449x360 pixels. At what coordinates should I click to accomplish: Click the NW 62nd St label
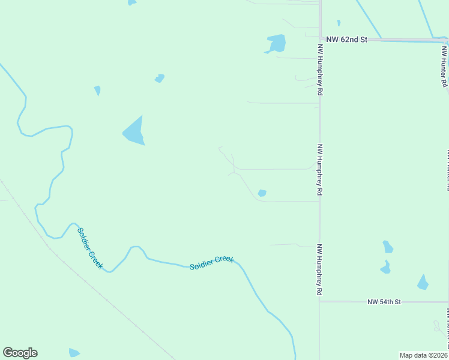[346, 40]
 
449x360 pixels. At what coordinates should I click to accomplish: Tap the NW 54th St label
[384, 301]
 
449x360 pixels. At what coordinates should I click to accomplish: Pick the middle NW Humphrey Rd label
[321, 170]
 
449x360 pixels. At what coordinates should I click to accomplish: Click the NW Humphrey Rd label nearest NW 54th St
[321, 270]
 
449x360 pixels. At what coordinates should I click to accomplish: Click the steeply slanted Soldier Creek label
[90, 248]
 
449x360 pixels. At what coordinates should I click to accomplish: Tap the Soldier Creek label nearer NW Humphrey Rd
[211, 262]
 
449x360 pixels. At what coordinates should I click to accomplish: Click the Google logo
[20, 353]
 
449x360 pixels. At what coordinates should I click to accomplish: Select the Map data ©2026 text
[423, 355]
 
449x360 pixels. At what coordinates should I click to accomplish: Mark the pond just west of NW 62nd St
[276, 43]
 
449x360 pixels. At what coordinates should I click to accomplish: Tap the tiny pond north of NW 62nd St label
[339, 23]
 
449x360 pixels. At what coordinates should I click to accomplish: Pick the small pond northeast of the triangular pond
[159, 78]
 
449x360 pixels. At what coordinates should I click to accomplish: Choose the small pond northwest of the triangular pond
[97, 91]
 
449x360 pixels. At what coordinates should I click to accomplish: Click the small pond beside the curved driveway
[262, 193]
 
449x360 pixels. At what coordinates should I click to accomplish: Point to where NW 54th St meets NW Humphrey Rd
[320, 301]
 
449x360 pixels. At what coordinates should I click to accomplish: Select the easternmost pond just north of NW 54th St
[423, 283]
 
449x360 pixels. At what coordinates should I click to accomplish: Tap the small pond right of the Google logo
[74, 353]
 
